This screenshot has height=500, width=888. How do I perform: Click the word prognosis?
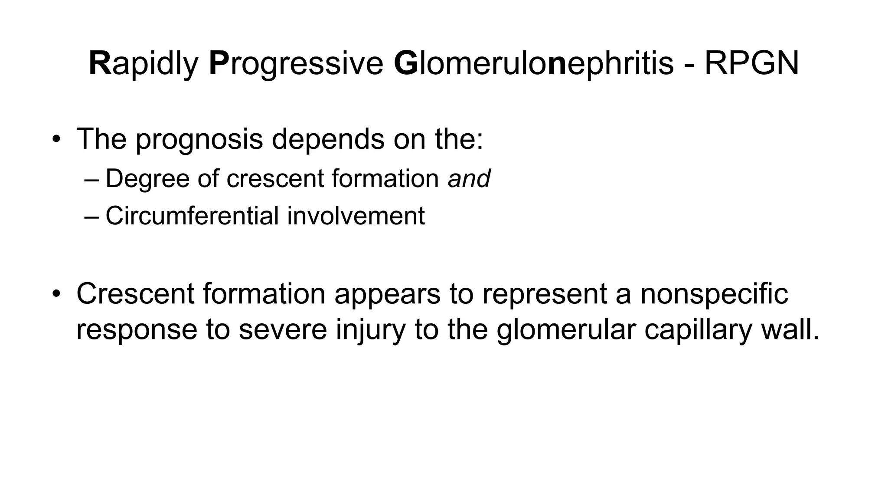click(x=199, y=140)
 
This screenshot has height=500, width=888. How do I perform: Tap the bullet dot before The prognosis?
click(x=55, y=140)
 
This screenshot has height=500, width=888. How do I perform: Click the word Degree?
click(x=147, y=178)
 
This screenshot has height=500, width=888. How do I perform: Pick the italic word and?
click(x=469, y=178)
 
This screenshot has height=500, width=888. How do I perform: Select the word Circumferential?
click(x=192, y=216)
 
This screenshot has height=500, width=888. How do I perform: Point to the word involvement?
click(x=356, y=216)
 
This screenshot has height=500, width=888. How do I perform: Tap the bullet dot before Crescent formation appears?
click(x=55, y=294)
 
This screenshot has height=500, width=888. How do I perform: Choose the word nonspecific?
click(x=714, y=294)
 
